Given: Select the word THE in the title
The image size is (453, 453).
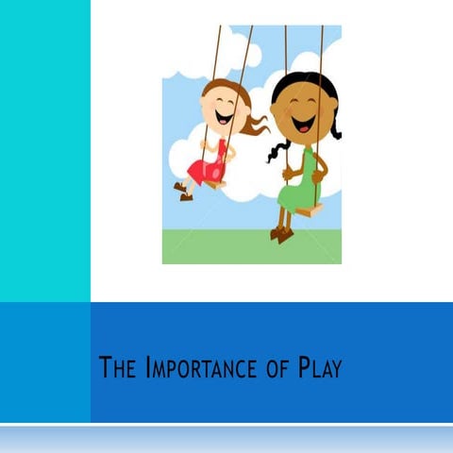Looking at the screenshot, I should [121, 368].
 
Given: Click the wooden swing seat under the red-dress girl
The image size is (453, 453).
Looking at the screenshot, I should [215, 183].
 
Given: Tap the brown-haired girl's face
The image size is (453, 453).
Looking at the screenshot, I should [219, 109].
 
